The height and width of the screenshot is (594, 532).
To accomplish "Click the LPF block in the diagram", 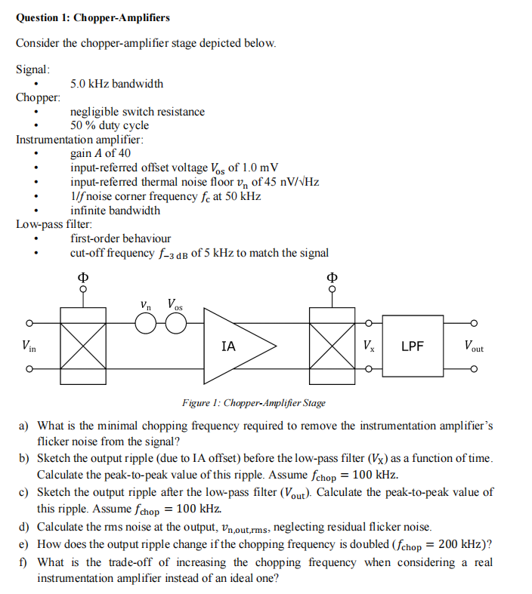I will point(412,346).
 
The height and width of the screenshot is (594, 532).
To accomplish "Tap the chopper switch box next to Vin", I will point(83,346).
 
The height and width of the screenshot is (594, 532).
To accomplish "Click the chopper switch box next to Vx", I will point(331,346).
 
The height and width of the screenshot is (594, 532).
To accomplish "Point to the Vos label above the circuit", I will point(175,305).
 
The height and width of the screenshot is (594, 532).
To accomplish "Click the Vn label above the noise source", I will point(147,305).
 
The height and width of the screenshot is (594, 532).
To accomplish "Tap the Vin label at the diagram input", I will point(29,347).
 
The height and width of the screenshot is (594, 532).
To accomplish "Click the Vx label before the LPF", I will point(368,347).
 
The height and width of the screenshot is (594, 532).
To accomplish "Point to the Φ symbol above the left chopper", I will point(82,275).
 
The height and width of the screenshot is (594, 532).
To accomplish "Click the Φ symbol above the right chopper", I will point(331,275).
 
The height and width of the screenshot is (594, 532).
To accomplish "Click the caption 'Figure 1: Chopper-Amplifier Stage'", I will point(254,403).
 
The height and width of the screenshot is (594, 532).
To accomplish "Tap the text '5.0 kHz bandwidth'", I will point(116,84).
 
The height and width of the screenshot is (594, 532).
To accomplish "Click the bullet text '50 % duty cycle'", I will point(110,125).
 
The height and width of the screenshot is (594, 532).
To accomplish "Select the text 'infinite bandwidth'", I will point(115,210).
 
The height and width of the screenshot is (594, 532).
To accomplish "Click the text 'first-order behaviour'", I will point(120,239).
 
